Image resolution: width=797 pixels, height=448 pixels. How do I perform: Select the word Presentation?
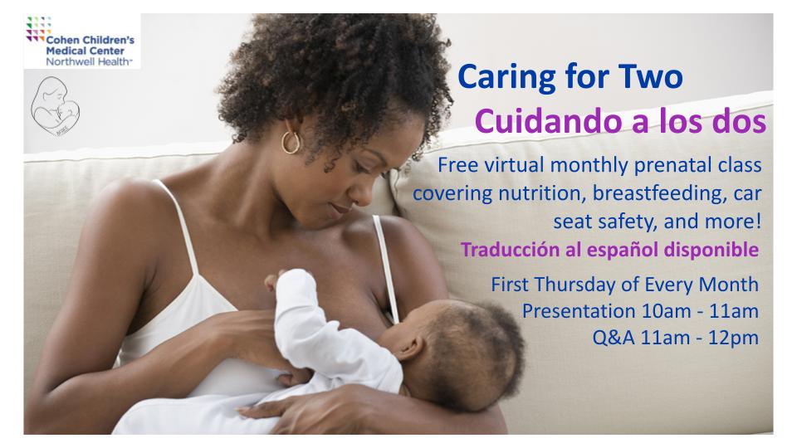tap(579, 311)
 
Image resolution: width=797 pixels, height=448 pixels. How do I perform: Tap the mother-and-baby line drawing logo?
tap(55, 106)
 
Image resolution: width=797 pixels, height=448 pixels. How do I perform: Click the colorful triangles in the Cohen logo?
tap(38, 29)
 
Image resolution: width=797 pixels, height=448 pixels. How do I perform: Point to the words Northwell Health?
tap(89, 62)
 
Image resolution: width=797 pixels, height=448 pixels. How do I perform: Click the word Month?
tap(728, 285)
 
